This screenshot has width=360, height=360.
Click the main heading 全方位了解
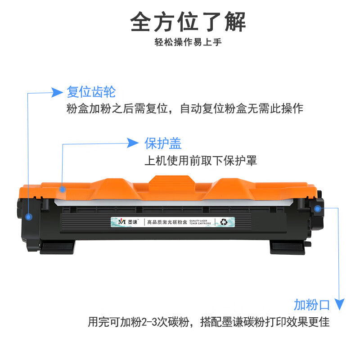pyautogui.click(x=188, y=21)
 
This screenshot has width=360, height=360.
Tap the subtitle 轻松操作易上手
pyautogui.click(x=188, y=43)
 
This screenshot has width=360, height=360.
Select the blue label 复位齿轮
pyautogui.click(x=91, y=92)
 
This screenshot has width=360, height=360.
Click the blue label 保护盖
pyautogui.click(x=163, y=143)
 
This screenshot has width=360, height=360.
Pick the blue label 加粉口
pyautogui.click(x=312, y=305)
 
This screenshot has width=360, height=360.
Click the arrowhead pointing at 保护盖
pyautogui.click(x=132, y=143)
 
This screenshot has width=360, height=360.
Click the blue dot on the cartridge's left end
pyautogui.click(x=29, y=217)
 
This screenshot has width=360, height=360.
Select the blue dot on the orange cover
pyautogui.click(x=63, y=189)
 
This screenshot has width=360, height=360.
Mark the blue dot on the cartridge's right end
pyautogui.click(x=318, y=208)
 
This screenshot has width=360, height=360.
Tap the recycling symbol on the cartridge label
pyautogui.click(x=223, y=221)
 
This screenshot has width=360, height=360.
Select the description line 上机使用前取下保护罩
pyautogui.click(x=200, y=161)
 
